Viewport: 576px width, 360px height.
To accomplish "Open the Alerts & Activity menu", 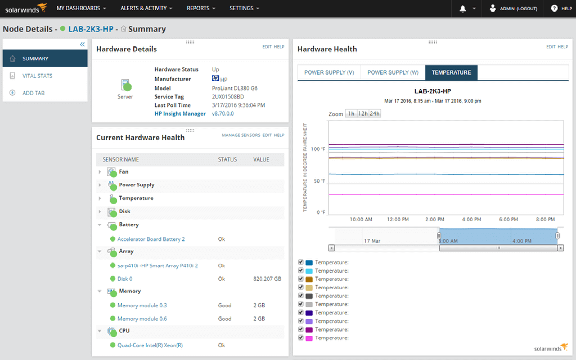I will point(146,8).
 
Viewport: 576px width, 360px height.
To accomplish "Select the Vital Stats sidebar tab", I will point(37,75).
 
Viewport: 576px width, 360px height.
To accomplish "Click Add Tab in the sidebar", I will point(33,93).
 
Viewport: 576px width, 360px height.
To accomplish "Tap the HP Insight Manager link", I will point(179,114).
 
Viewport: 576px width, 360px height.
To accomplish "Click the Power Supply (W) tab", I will point(393,73).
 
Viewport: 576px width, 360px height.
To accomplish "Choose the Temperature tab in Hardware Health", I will point(451,73).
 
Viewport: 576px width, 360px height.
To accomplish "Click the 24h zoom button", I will point(375,114).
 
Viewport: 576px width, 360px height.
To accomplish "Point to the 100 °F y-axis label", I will point(318,150).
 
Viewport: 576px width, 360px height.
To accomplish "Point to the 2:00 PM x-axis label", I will point(435,219).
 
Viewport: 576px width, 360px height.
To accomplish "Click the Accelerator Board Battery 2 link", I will point(151,239).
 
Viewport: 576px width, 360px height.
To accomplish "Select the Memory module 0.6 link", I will point(142,318).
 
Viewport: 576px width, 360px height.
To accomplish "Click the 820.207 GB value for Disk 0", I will point(267,278).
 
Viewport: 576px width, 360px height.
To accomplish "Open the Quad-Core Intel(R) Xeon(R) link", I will point(150,345).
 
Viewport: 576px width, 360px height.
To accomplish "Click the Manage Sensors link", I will point(241,135).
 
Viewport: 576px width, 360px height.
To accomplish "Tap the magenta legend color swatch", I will point(309,338).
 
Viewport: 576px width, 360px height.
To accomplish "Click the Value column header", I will point(261,160).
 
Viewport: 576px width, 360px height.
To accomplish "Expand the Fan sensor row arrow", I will point(100,172).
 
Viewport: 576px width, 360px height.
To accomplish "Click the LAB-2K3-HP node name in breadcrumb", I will point(91,29).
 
